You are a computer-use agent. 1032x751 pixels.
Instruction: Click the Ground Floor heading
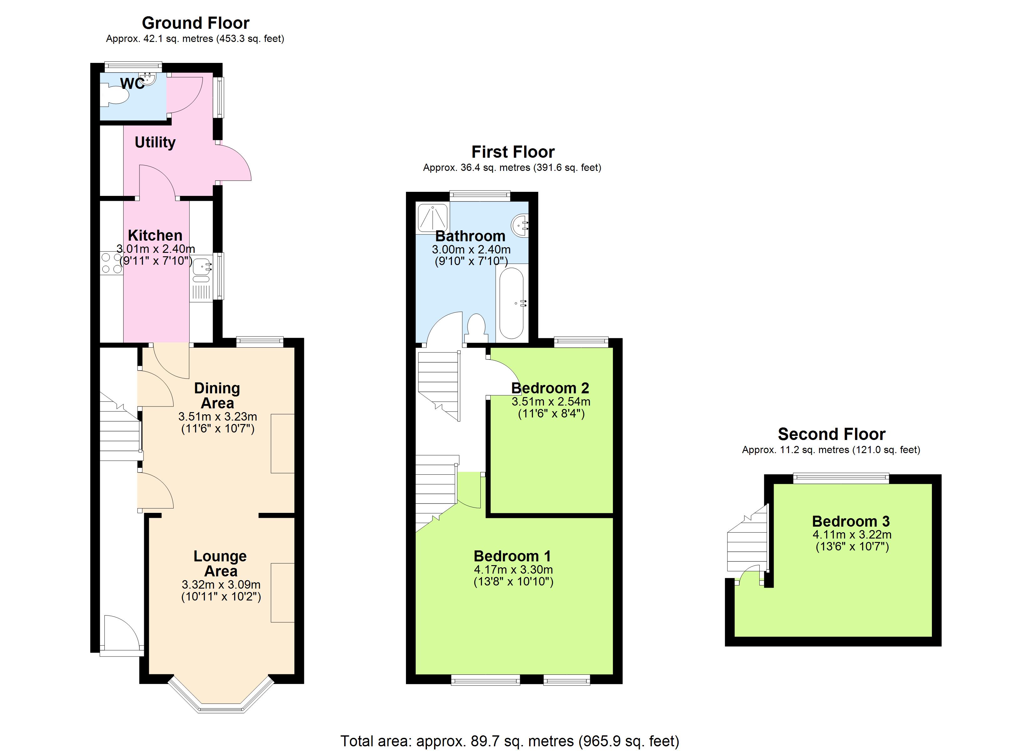[196, 23]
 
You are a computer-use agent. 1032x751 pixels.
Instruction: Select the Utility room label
[155, 143]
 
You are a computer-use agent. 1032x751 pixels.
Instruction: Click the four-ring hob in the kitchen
[111, 263]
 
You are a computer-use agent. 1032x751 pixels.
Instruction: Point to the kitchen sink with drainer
[202, 278]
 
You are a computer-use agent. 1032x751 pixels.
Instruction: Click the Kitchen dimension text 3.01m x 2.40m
[156, 249]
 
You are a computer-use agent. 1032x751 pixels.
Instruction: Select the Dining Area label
[217, 395]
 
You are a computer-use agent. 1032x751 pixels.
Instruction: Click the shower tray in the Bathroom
[432, 218]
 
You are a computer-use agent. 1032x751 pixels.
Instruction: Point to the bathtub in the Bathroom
[511, 303]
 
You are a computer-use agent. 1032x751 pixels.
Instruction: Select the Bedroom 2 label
[550, 388]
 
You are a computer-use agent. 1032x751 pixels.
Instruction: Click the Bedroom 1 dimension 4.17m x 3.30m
[513, 569]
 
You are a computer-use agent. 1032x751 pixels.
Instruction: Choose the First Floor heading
[513, 152]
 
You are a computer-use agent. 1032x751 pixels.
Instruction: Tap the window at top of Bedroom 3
[841, 478]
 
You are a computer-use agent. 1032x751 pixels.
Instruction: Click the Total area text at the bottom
[510, 741]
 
